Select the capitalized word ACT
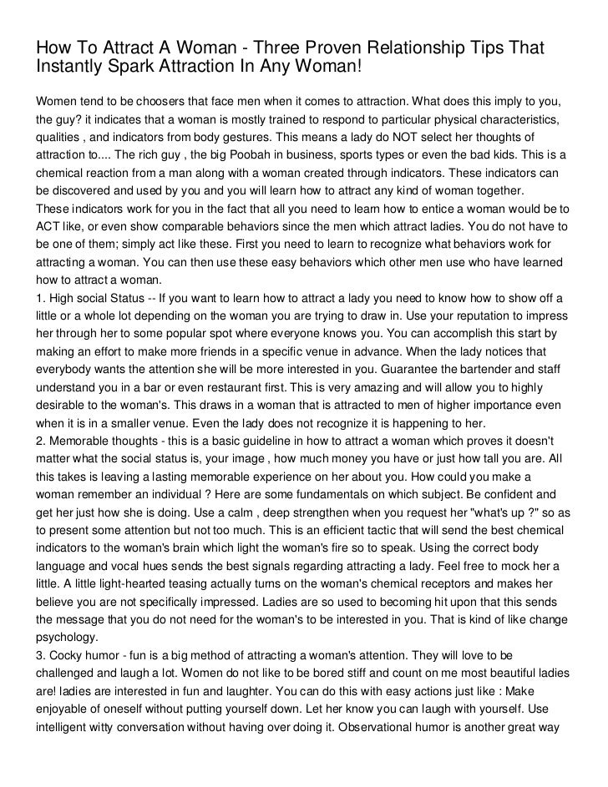48,227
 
